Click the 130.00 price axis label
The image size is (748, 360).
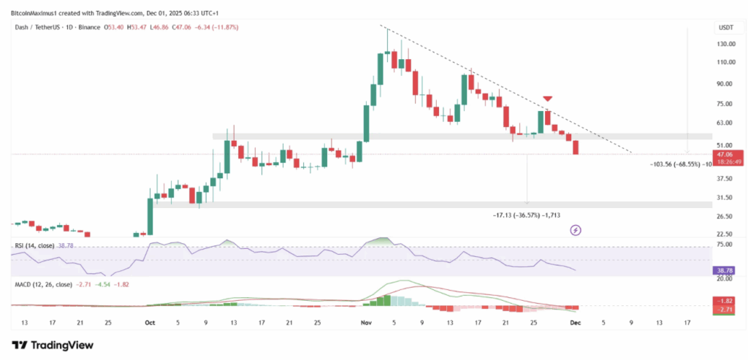click(725, 44)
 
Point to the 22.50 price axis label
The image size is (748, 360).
click(725, 234)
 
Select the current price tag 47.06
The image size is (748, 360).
click(725, 155)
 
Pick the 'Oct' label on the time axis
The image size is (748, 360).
click(150, 321)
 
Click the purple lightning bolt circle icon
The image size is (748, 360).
click(575, 230)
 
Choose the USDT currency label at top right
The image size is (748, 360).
click(725, 28)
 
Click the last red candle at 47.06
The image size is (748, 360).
click(576, 148)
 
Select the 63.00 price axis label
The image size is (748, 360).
click(725, 123)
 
